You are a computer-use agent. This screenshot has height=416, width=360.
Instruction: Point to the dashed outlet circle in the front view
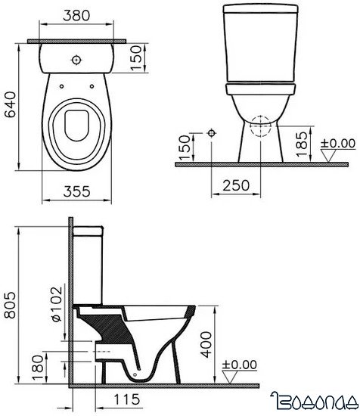coord(259,126)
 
